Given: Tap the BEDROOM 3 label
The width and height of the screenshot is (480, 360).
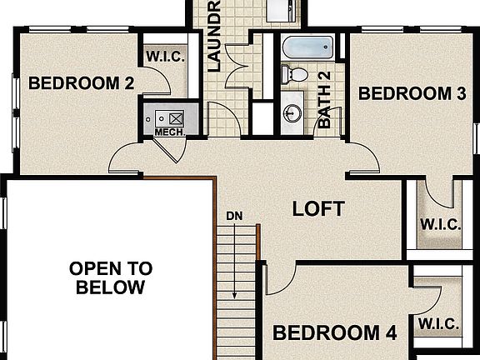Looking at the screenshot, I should click(412, 93).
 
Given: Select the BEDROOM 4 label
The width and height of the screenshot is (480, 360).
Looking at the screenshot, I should click(334, 333).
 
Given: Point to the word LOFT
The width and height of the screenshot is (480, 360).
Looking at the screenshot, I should click(317, 208).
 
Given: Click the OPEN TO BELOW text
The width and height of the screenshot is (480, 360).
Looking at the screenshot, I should click(110, 278).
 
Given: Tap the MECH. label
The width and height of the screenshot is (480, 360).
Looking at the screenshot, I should click(169, 132).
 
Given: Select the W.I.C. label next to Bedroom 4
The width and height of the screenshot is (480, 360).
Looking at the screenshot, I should click(437, 322).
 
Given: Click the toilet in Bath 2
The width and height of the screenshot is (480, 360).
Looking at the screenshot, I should click(294, 74).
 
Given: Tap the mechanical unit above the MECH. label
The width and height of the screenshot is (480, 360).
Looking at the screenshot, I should click(171, 116).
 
